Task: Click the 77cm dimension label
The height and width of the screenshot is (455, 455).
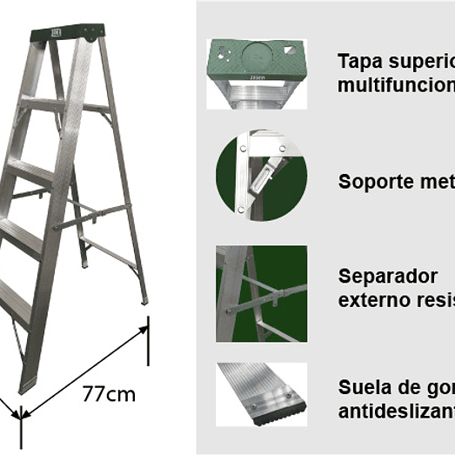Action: point(109,393)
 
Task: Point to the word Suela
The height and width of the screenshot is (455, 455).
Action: point(360,386)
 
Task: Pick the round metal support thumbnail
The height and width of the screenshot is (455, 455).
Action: point(261,176)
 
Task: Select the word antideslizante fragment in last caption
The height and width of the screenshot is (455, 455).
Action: point(396,410)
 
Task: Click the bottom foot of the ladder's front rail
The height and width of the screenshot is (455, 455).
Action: point(27,384)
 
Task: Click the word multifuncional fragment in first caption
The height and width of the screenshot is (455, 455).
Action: point(396,85)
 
